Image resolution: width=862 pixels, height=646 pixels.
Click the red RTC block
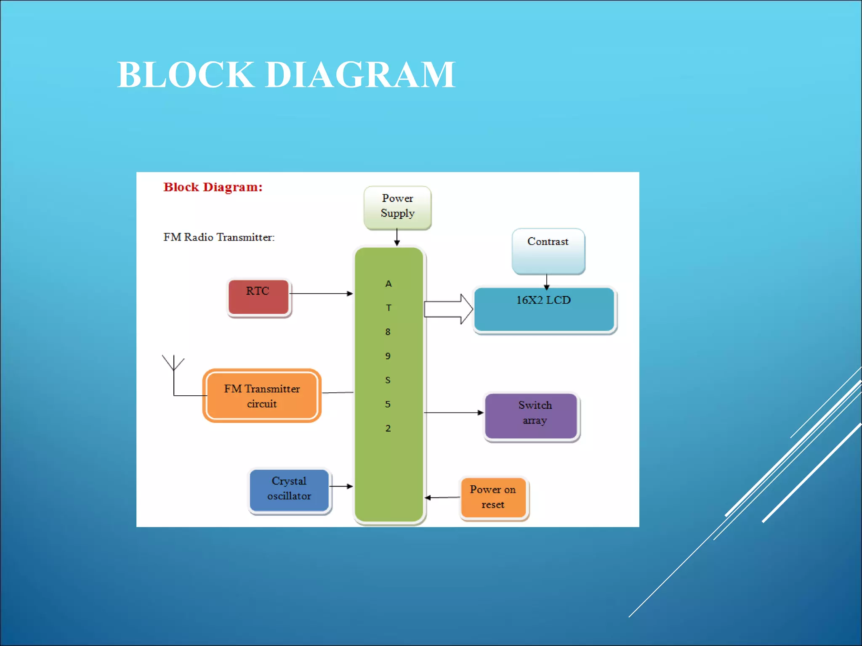[258, 297]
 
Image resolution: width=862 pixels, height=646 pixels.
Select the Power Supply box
[397, 208]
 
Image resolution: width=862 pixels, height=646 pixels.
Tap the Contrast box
[548, 251]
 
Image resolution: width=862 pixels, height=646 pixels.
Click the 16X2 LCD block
[544, 310]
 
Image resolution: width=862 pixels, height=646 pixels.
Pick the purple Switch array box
[531, 416]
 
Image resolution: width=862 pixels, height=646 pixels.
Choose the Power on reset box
[493, 498]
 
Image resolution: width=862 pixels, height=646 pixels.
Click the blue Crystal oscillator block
[289, 490]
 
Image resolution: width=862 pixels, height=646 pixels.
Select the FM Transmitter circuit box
[262, 396]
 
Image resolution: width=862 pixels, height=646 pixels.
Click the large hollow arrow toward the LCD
[448, 309]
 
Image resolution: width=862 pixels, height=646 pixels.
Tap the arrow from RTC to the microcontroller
[321, 294]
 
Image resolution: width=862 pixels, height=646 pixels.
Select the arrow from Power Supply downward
[397, 237]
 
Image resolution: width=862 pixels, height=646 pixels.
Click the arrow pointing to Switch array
[454, 413]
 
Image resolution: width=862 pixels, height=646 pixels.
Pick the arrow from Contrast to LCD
[546, 282]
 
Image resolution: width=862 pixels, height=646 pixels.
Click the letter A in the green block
[388, 284]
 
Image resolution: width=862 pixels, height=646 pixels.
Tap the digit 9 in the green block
[388, 356]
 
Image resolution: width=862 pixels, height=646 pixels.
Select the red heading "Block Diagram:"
[213, 187]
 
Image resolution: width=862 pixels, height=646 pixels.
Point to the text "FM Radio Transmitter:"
[219, 237]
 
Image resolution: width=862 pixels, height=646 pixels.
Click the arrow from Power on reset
[442, 498]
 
